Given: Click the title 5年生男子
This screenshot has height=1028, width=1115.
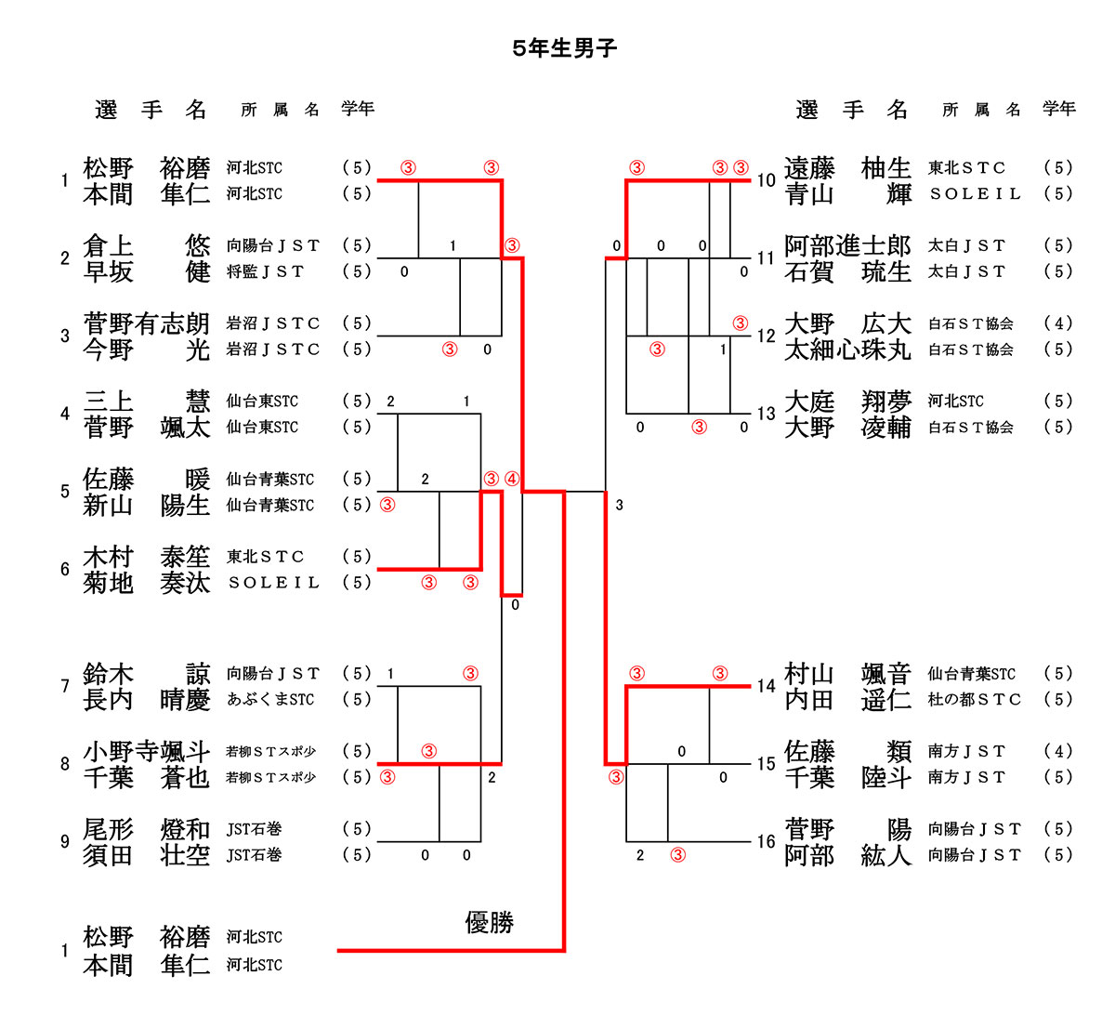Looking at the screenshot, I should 564,49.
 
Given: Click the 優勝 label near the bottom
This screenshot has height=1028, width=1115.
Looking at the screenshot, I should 489,922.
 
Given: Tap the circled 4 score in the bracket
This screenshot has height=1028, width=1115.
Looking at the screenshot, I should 512,480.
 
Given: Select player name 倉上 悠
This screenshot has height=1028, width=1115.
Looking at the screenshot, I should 147,246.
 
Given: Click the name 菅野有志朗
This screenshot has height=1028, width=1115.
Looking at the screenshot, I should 147,323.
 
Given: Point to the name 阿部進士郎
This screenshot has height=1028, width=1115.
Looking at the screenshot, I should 847,246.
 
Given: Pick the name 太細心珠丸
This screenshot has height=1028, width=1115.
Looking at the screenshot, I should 847,349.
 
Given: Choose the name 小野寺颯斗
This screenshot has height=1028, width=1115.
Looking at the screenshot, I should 147,751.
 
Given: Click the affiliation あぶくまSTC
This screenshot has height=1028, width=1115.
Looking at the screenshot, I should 270,699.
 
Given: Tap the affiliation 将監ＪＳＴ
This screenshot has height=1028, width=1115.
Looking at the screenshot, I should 266,271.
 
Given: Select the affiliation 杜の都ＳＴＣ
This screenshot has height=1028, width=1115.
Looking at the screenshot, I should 974,699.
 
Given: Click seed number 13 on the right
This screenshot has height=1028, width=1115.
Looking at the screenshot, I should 766,414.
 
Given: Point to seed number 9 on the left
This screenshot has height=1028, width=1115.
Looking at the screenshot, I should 64,841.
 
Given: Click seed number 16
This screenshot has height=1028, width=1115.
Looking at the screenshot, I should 766,841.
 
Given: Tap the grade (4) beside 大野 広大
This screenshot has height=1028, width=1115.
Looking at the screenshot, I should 1058,323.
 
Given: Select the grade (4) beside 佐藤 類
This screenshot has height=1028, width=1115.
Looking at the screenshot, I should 1058,751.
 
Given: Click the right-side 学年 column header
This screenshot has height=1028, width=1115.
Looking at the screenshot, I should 1058,109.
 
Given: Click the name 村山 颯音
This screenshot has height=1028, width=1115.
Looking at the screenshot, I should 847,674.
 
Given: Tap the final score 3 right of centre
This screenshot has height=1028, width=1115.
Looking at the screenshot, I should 619,506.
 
